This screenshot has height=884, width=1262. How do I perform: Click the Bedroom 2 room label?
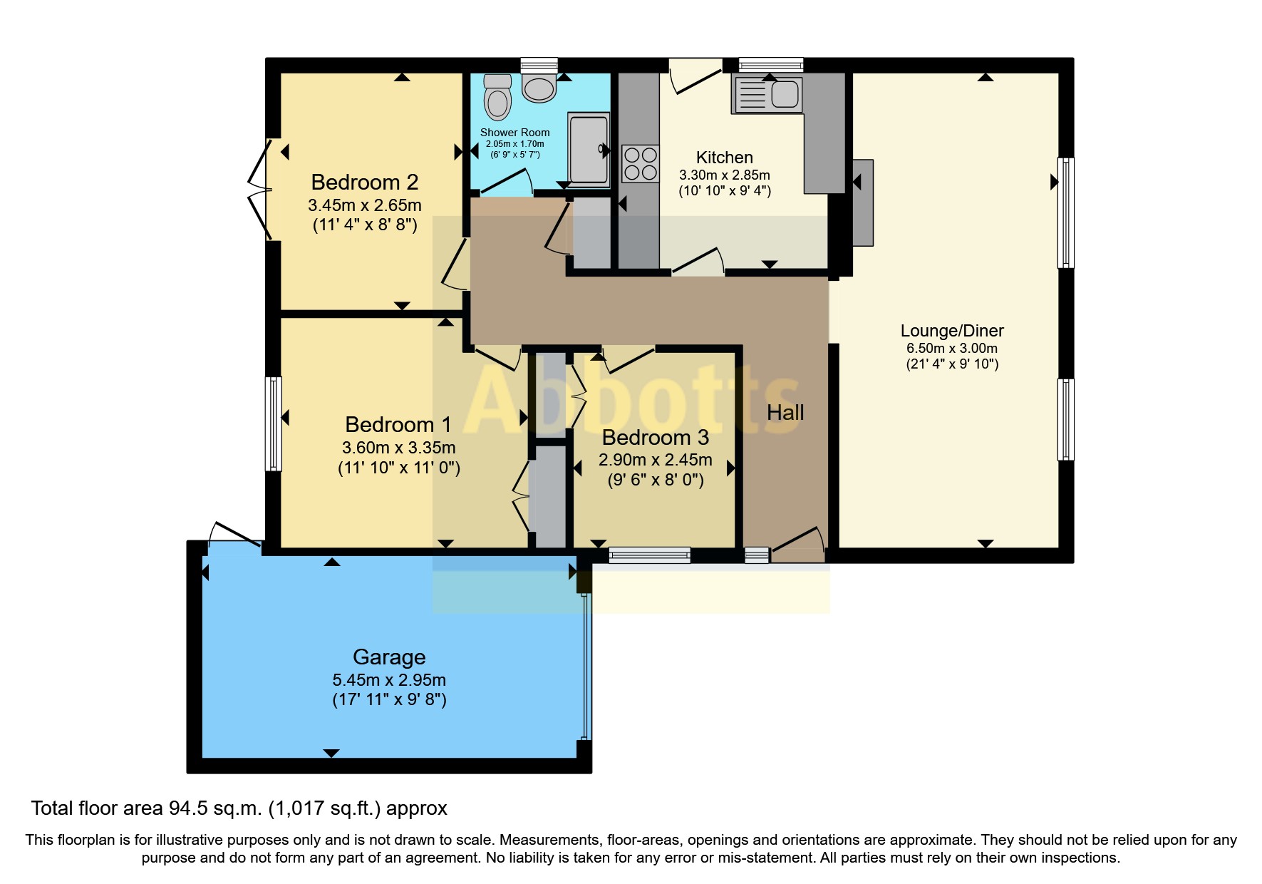(x=364, y=183)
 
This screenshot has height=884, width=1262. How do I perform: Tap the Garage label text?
(x=389, y=657)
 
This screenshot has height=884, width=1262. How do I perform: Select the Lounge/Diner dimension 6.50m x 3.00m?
(x=951, y=349)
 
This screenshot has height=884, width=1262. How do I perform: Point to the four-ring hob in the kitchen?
(x=640, y=163)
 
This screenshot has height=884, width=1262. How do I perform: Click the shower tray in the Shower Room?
(x=589, y=148)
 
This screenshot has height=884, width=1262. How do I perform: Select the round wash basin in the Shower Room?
(x=539, y=88)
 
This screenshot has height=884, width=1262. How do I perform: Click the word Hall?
(x=785, y=413)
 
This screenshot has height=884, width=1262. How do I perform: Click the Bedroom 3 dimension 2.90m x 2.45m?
(x=655, y=460)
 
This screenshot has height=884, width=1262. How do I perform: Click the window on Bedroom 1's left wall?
(x=274, y=424)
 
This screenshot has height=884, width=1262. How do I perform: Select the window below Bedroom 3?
(x=649, y=555)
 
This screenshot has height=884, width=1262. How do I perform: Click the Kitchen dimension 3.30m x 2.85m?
(x=724, y=175)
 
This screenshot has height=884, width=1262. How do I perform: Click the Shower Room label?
(x=514, y=133)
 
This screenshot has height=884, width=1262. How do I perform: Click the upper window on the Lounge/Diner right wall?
(x=1065, y=212)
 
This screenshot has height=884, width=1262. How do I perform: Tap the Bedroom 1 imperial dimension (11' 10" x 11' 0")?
(x=398, y=468)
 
